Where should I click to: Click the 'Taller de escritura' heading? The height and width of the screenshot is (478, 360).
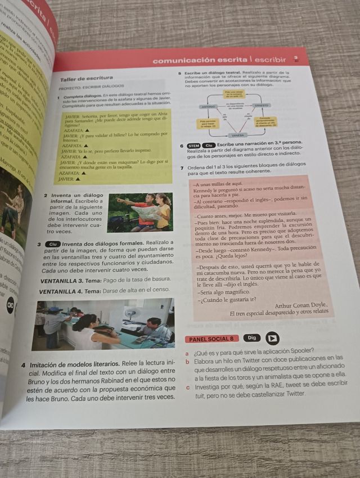tap(87, 79)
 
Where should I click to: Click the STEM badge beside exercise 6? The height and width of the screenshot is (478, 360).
tap(193, 145)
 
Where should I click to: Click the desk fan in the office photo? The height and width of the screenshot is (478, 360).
tap(131, 313)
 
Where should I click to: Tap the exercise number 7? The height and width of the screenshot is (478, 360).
tap(181, 168)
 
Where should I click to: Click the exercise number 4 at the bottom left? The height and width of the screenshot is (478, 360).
tap(23, 364)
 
